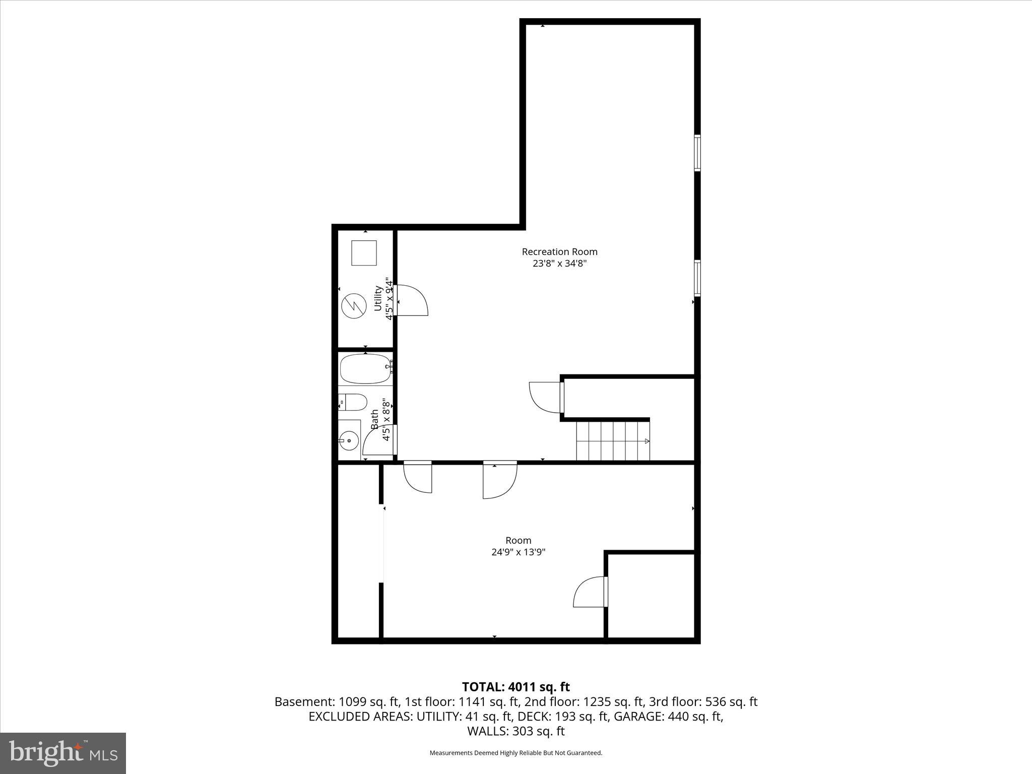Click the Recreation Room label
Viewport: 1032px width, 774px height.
559,251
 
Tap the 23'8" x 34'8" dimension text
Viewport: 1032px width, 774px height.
559,263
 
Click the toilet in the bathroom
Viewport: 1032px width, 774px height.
352,402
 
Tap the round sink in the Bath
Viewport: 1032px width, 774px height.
349,441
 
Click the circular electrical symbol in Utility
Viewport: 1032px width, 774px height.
352,306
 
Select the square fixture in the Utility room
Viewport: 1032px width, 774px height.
364,253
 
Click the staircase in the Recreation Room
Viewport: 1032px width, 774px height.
613,441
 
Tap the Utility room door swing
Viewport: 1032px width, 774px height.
411,300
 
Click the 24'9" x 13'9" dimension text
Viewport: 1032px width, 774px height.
519,552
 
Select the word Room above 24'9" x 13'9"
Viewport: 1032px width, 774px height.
519,540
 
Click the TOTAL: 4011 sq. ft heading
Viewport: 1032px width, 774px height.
516,687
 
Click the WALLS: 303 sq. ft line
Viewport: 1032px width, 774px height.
516,731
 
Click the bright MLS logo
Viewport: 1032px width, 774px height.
63,753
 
